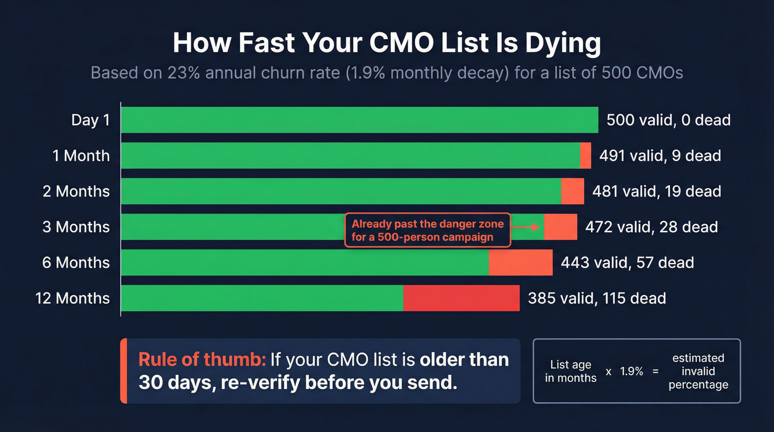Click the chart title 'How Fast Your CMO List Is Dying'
[x=386, y=43]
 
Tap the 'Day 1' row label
[x=91, y=120]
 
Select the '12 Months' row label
[x=72, y=298]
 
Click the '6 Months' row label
[x=76, y=262]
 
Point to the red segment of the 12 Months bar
[x=461, y=298]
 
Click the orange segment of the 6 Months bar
[x=520, y=262]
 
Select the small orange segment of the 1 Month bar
[x=585, y=155]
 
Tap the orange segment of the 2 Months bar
[x=572, y=191]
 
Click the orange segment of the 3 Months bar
[x=561, y=227]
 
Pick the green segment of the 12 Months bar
[x=262, y=298]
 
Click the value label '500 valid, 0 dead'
[x=668, y=120]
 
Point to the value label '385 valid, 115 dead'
[x=597, y=298]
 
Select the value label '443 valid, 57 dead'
[x=627, y=262]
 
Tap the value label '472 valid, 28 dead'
[x=647, y=227]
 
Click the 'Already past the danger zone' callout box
[x=427, y=231]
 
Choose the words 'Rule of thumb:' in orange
[x=202, y=360]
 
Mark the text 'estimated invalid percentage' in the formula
[x=698, y=371]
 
